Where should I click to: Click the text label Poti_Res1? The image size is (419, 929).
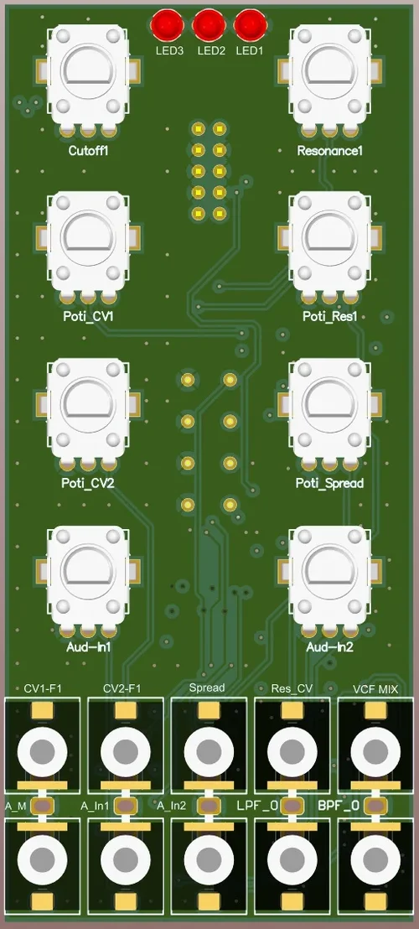coord(330,317)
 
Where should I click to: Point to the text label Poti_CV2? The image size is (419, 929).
coord(88,484)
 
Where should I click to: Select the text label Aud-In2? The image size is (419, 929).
coord(330,648)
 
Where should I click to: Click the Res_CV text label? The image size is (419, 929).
coord(291,688)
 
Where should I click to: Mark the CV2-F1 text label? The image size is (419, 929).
coord(123,688)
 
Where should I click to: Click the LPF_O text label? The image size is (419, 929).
coord(256,806)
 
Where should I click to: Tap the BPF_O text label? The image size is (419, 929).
coord(339,806)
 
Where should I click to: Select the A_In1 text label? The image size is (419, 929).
coord(96,806)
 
